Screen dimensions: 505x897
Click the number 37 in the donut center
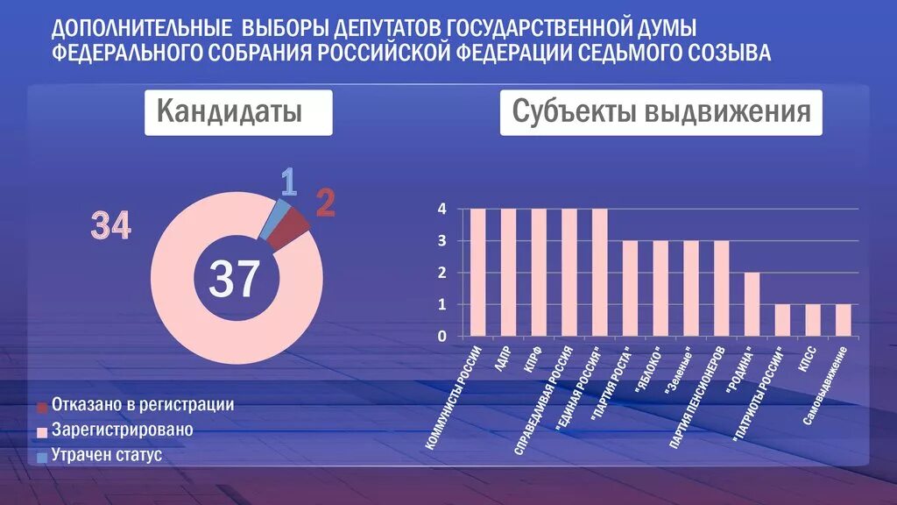point(233,278)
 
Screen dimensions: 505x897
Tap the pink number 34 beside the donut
point(111,226)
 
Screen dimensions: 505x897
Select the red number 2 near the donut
point(325,203)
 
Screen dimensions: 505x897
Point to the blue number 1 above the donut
point(289,181)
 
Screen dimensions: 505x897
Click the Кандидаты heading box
point(238,113)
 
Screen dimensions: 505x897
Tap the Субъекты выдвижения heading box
point(660,113)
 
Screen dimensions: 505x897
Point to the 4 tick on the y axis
point(442,210)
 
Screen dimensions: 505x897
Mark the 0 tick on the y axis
point(442,336)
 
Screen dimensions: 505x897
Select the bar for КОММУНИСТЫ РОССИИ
point(478,272)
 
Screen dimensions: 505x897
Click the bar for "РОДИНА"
point(752,303)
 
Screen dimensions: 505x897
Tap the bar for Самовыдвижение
point(843,319)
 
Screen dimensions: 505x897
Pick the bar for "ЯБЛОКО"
point(660,288)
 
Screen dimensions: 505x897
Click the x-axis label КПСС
point(808,362)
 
